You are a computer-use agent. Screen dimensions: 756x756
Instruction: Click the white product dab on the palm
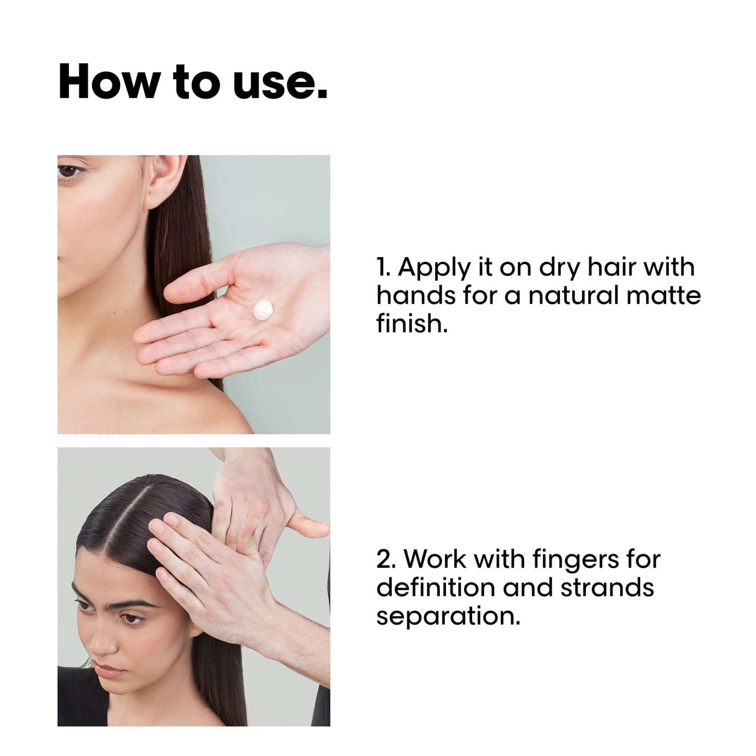[x=263, y=310]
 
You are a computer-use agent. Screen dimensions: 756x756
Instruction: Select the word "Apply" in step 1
[x=435, y=268]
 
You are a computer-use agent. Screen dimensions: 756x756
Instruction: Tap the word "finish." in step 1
[x=412, y=324]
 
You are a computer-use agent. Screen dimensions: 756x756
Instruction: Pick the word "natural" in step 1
[x=574, y=296]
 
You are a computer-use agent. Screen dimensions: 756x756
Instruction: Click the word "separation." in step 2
[x=448, y=616]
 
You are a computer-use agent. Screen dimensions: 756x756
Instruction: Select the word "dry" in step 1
[x=559, y=268]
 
